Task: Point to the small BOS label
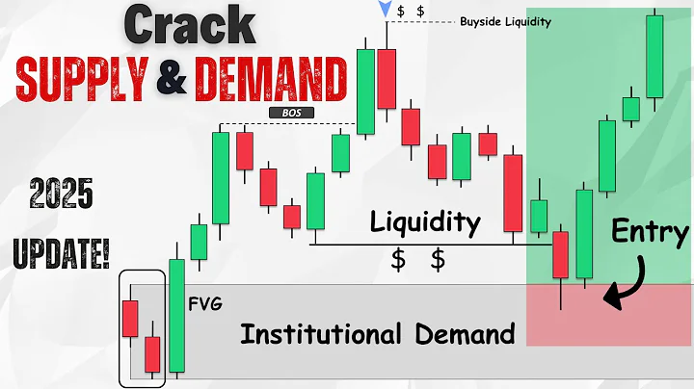tap(292, 113)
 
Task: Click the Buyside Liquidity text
tap(505, 21)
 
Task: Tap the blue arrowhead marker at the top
tap(387, 10)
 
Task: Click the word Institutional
tap(320, 334)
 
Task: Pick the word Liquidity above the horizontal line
tap(426, 222)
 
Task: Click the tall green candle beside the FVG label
tap(176, 315)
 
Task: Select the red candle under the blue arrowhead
tap(387, 78)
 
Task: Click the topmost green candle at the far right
tap(654, 57)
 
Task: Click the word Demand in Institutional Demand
tap(461, 334)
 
